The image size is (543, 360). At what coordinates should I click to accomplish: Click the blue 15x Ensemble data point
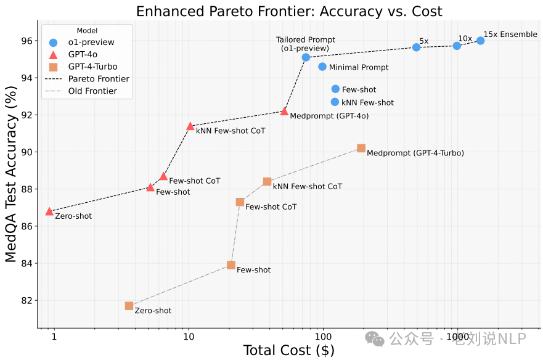480,41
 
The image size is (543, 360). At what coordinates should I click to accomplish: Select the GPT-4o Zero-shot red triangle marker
49,211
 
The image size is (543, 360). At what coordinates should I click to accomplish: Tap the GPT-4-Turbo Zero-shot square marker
129,306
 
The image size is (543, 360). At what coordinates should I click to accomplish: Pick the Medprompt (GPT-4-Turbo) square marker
361,148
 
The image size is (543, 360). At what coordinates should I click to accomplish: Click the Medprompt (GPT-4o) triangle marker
284,112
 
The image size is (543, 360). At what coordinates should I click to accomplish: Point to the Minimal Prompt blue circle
322,67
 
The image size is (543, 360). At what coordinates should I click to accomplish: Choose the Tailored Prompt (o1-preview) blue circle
306,57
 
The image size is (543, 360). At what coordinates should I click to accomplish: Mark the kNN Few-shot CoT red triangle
190,126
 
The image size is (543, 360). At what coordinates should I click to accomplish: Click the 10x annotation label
465,38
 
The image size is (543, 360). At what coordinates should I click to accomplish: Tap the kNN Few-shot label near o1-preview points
367,102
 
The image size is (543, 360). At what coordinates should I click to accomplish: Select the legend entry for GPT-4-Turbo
92,67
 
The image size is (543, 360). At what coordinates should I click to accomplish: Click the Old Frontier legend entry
92,91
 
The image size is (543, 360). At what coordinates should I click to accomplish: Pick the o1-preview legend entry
90,43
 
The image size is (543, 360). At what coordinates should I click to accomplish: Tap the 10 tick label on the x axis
189,337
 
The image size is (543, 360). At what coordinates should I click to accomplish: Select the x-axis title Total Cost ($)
288,351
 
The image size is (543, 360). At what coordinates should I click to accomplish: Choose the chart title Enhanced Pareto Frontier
288,11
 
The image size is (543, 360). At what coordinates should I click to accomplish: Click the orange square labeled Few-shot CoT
240,202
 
